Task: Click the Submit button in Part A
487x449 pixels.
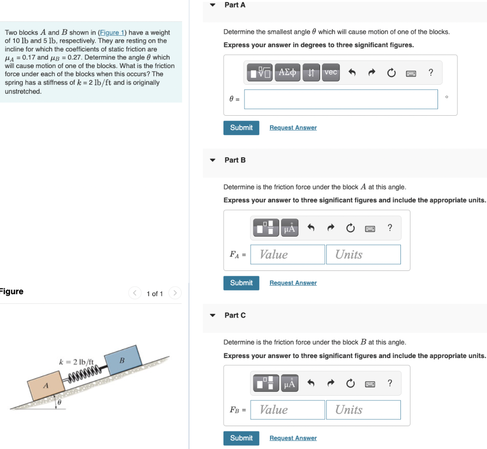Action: (241, 128)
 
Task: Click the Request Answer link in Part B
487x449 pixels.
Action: (293, 283)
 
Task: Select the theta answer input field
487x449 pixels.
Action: (341, 99)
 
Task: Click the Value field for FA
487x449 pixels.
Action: (288, 254)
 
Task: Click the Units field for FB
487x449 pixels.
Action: (363, 409)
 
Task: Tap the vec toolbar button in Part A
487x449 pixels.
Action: (331, 72)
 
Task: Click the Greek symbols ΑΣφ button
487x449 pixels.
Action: (287, 72)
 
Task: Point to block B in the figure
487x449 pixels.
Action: (122, 360)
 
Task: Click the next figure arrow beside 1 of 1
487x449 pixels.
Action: (175, 293)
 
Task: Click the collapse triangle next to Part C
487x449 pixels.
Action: (213, 315)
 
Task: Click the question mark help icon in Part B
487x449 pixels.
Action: (390, 228)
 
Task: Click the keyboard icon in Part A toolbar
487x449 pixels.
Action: (411, 73)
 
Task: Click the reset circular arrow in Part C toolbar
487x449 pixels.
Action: (351, 383)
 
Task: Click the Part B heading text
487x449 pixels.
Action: (235, 160)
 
